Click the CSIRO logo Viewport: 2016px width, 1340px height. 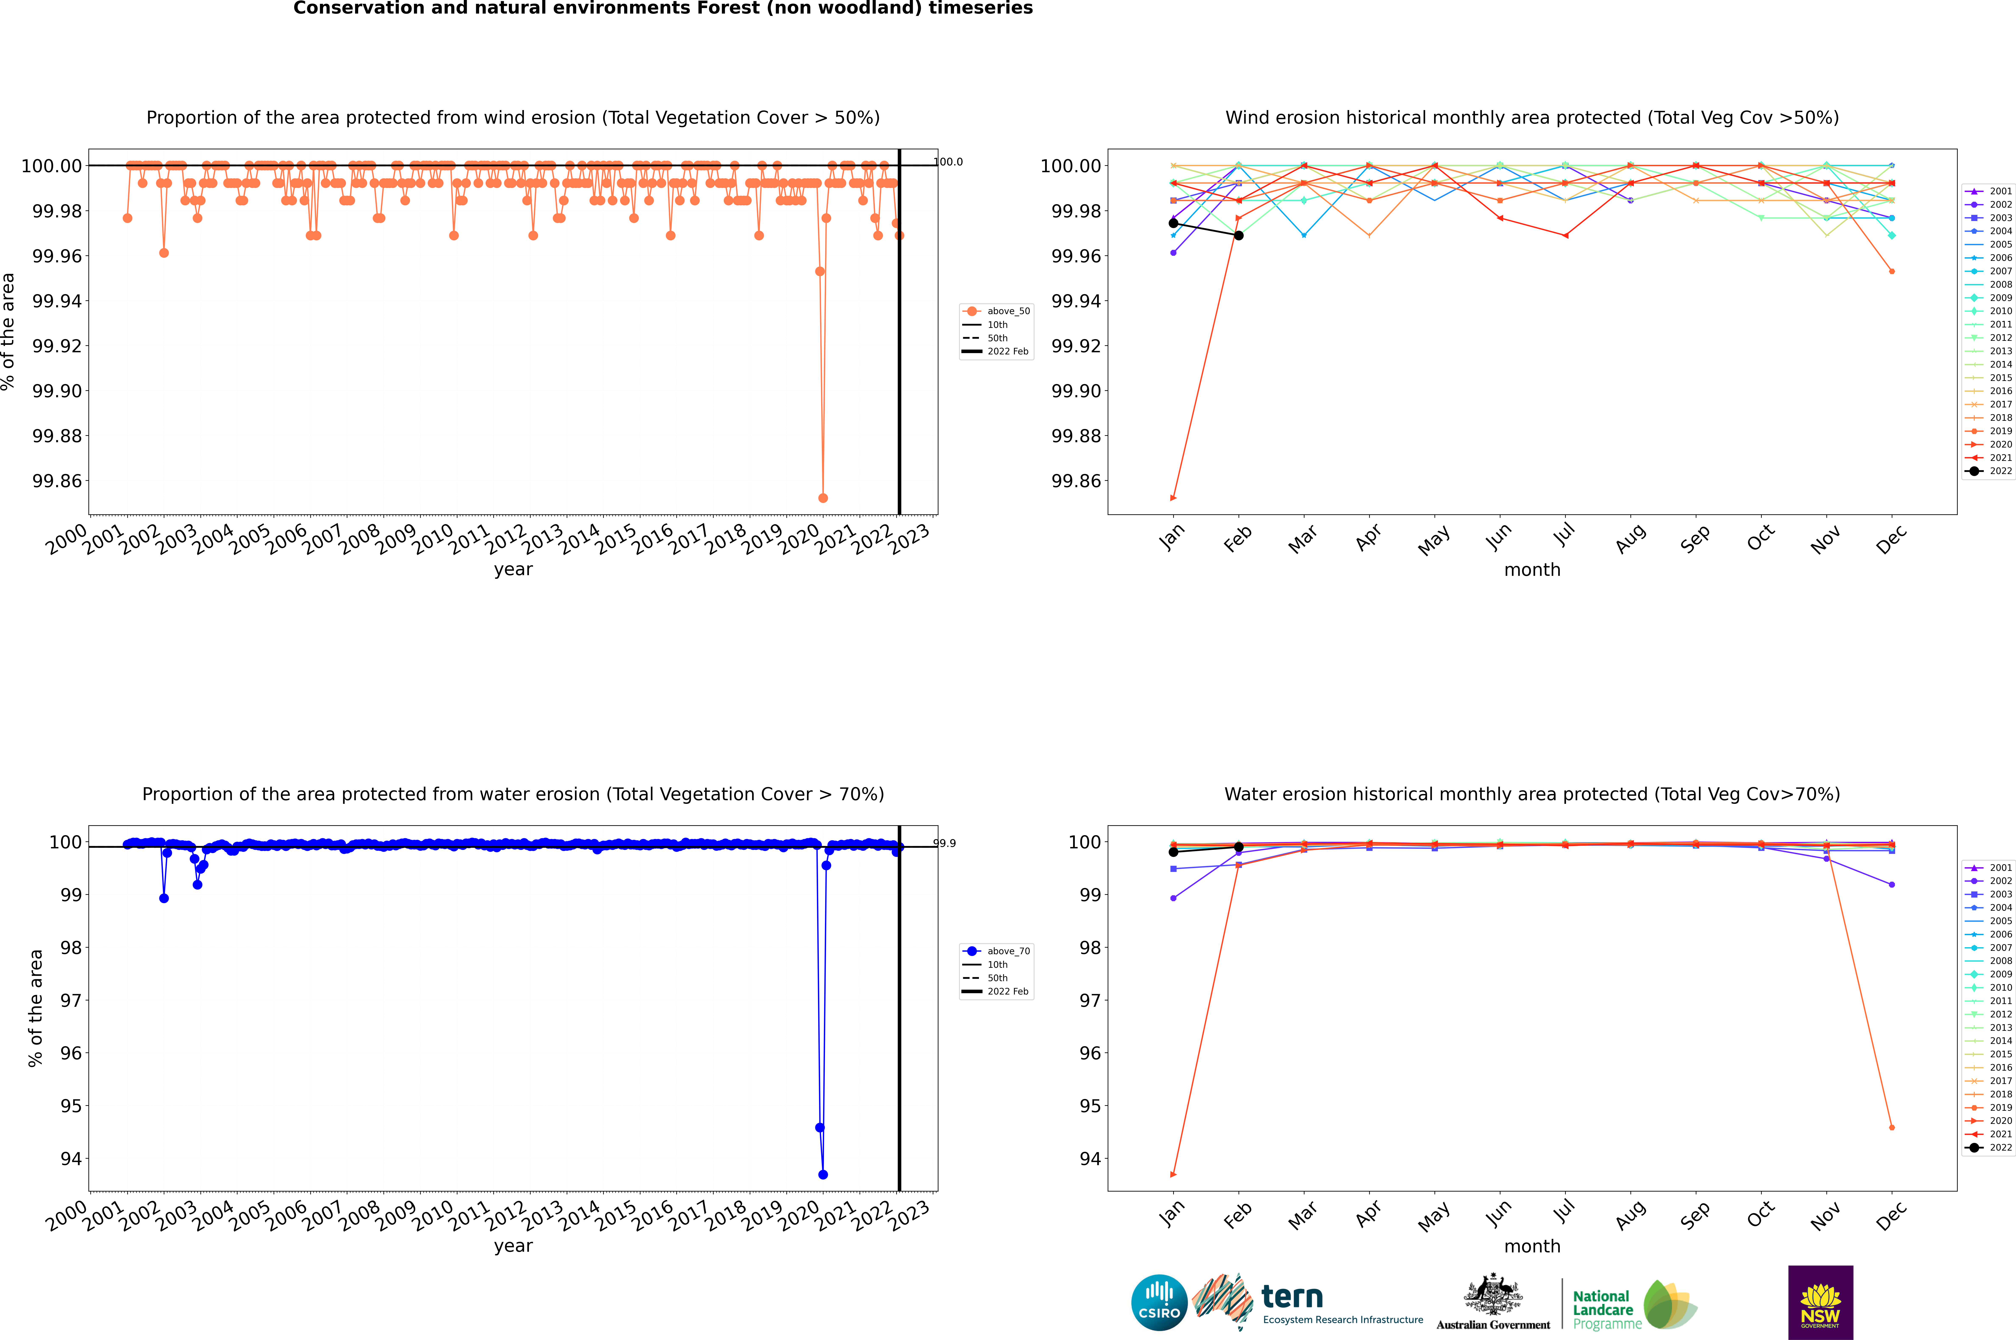pyautogui.click(x=1159, y=1302)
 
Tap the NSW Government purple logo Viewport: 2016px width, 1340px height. pyautogui.click(x=1820, y=1302)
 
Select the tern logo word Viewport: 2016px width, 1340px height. pyautogui.click(x=1292, y=1297)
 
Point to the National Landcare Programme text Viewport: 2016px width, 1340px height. pyautogui.click(x=1605, y=1309)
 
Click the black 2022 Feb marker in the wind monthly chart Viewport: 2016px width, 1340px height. pyautogui.click(x=1238, y=235)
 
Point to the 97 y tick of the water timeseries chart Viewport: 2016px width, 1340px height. pyautogui.click(x=70, y=1001)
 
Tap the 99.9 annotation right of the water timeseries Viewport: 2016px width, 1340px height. pyautogui.click(x=944, y=843)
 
